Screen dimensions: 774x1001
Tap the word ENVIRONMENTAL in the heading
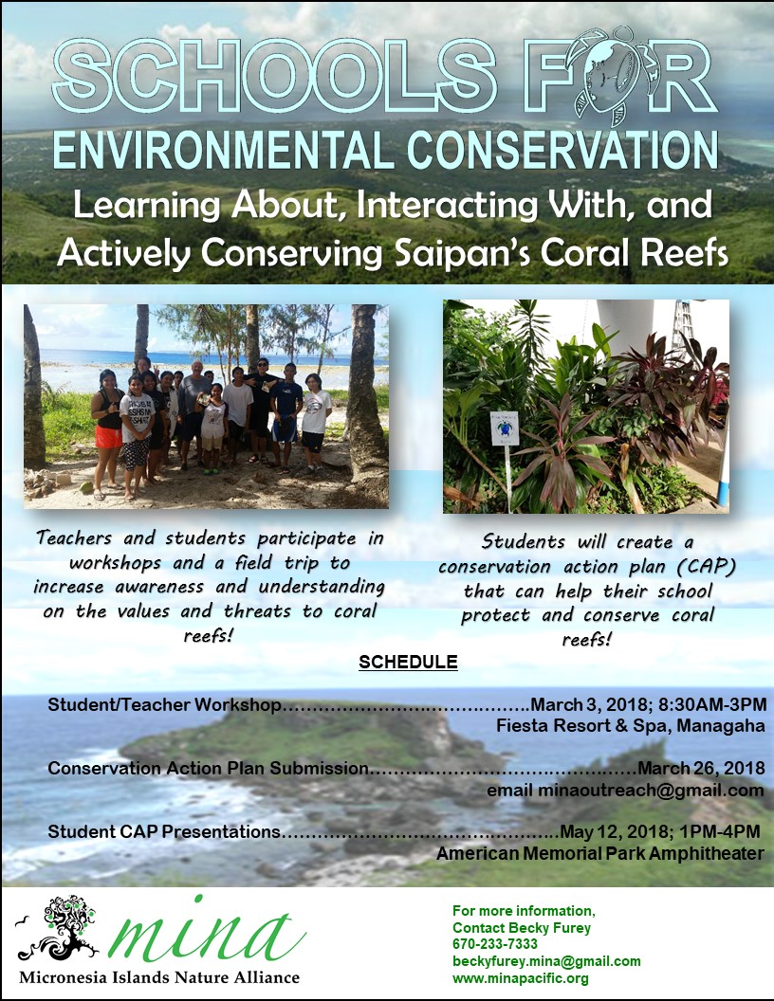[225, 150]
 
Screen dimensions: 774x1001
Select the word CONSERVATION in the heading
[562, 150]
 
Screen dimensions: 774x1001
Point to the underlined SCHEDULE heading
[408, 662]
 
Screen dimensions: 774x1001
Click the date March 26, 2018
[701, 768]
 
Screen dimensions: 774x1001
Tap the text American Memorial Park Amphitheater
[600, 853]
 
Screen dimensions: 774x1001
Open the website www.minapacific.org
[521, 978]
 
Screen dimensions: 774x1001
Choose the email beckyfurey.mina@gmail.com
[546, 961]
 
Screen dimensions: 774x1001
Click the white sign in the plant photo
[505, 428]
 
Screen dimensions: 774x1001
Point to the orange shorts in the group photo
[108, 437]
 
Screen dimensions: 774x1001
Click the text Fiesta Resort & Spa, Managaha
[631, 726]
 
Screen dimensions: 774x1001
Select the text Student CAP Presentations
[164, 831]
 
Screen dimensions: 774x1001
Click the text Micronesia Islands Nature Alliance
[159, 977]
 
